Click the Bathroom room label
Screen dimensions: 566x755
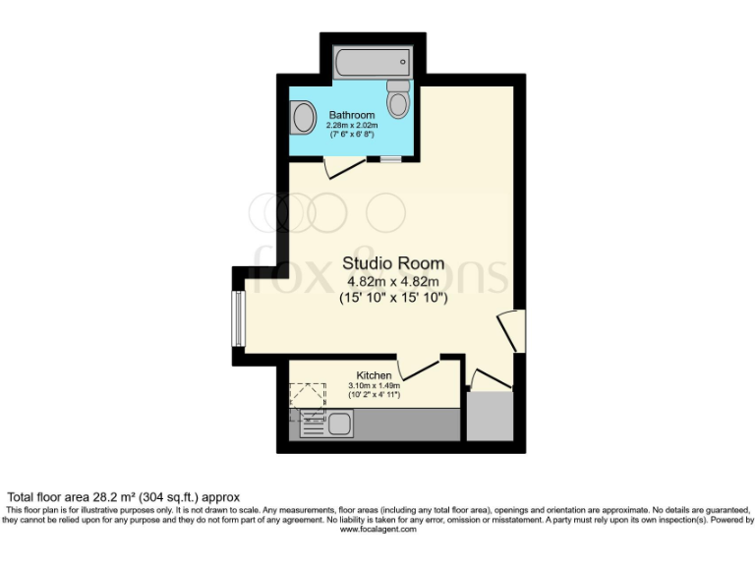click(x=351, y=115)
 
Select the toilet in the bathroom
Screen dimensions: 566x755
click(x=398, y=100)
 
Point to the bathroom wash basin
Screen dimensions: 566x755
click(x=302, y=120)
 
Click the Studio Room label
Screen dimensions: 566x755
click(x=392, y=263)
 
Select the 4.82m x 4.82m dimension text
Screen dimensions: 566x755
click(x=393, y=281)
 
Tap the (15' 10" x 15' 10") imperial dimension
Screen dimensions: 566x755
click(x=393, y=298)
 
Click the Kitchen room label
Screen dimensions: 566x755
click(x=374, y=375)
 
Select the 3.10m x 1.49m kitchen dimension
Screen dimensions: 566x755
click(x=374, y=386)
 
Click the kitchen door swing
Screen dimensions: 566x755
click(x=418, y=368)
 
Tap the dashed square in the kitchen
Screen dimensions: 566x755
click(x=307, y=395)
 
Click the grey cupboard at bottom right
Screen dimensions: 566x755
click(x=490, y=417)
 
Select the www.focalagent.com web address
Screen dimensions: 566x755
click(x=377, y=529)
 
